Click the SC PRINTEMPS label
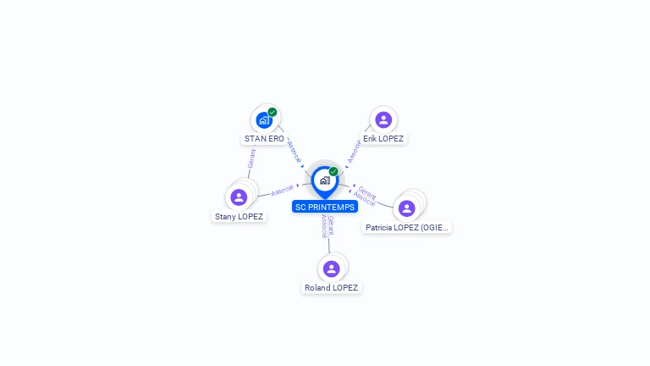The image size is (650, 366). (325, 207)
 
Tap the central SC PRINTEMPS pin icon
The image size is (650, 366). (325, 180)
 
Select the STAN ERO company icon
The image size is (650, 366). (264, 120)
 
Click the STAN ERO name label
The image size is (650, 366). (264, 138)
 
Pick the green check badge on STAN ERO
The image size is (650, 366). (273, 112)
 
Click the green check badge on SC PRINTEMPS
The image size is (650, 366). (333, 171)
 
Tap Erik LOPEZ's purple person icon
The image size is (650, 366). (383, 119)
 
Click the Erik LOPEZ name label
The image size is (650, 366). (383, 138)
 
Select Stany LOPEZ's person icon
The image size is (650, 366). (239, 197)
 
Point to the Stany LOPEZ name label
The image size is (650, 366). (239, 216)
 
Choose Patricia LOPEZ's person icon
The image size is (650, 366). (406, 208)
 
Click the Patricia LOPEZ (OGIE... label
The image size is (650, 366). (406, 227)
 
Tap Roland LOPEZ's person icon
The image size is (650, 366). (331, 269)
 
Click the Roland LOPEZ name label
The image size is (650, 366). (331, 287)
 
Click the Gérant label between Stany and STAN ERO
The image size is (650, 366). (251, 158)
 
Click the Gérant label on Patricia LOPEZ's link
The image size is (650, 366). (367, 191)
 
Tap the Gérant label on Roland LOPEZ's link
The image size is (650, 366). (331, 225)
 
